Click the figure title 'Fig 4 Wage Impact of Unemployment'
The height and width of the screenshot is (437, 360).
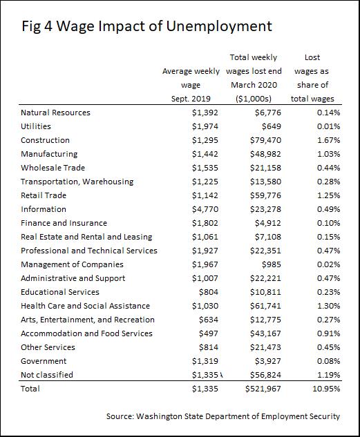146,26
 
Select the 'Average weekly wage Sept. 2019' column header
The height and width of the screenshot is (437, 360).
191,85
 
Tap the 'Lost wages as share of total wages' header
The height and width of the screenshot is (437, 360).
312,78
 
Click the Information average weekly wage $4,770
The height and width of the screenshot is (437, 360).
205,209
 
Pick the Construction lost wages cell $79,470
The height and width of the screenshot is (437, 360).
265,140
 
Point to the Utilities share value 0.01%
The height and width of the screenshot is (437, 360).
328,126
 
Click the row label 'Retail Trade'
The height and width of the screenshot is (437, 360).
44,195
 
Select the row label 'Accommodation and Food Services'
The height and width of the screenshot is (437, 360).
87,333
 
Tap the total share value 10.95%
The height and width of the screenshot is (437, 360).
326,389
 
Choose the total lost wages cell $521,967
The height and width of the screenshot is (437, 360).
263,389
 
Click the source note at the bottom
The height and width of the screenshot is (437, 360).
223,416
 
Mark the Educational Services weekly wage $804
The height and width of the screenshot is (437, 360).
209,292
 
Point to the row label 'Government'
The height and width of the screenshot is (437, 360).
44,361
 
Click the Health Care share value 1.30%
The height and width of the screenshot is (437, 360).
328,306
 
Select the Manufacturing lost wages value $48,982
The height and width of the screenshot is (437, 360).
265,154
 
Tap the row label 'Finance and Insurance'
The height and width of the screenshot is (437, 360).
64,223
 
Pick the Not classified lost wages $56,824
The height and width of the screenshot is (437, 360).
265,375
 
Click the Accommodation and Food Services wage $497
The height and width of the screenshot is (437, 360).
209,333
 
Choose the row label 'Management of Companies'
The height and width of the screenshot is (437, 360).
72,264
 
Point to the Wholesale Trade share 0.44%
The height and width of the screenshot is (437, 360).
328,168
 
